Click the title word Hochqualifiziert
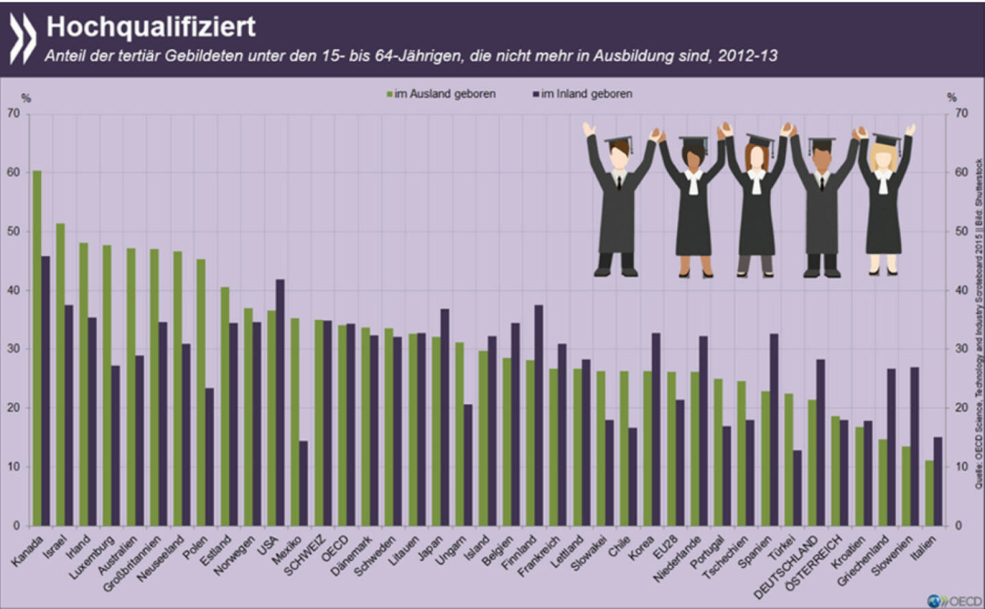150,26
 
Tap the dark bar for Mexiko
304,483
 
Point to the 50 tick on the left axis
14,231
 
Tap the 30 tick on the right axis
962,349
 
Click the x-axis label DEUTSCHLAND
787,567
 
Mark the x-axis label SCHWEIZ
304,556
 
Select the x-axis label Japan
430,548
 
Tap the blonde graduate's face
884,157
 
